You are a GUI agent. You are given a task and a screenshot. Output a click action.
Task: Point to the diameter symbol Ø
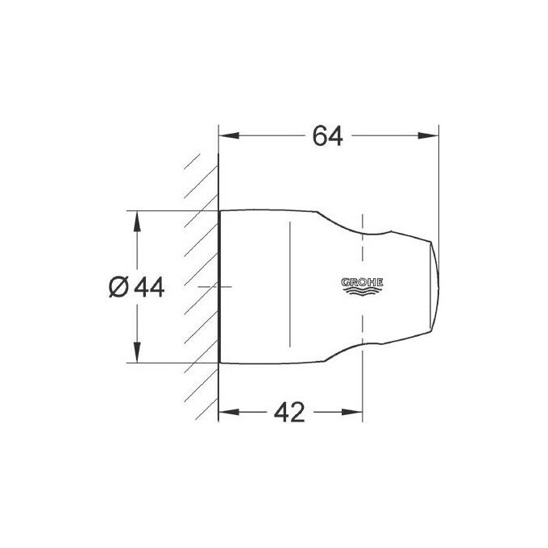pyautogui.click(x=118, y=286)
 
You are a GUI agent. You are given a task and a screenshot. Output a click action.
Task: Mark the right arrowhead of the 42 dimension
pyautogui.click(x=357, y=413)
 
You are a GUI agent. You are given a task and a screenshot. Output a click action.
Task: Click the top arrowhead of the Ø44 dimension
pyautogui.click(x=136, y=218)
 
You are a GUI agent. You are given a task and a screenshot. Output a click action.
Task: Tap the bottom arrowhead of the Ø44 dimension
pyautogui.click(x=136, y=356)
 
